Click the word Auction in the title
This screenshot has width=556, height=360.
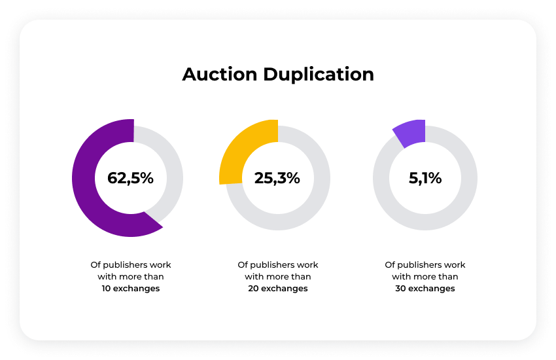point(220,74)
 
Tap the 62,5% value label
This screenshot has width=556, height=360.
point(131,178)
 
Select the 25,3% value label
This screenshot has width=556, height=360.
point(277,178)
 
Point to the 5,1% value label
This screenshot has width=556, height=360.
point(425,178)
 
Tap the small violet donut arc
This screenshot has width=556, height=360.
point(411,132)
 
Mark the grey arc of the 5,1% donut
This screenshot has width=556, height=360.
point(458,203)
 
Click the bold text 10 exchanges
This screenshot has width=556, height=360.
point(131,289)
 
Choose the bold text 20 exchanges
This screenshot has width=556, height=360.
point(278,289)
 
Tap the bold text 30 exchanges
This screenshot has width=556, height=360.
point(425,289)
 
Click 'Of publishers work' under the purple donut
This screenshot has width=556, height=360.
point(131,265)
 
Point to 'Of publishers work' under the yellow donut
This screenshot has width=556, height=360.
point(278,265)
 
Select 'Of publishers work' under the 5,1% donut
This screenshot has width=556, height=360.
point(425,265)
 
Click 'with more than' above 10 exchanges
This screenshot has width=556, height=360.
point(131,277)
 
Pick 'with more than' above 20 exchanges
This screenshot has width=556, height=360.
point(278,277)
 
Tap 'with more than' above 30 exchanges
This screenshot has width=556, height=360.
point(425,277)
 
